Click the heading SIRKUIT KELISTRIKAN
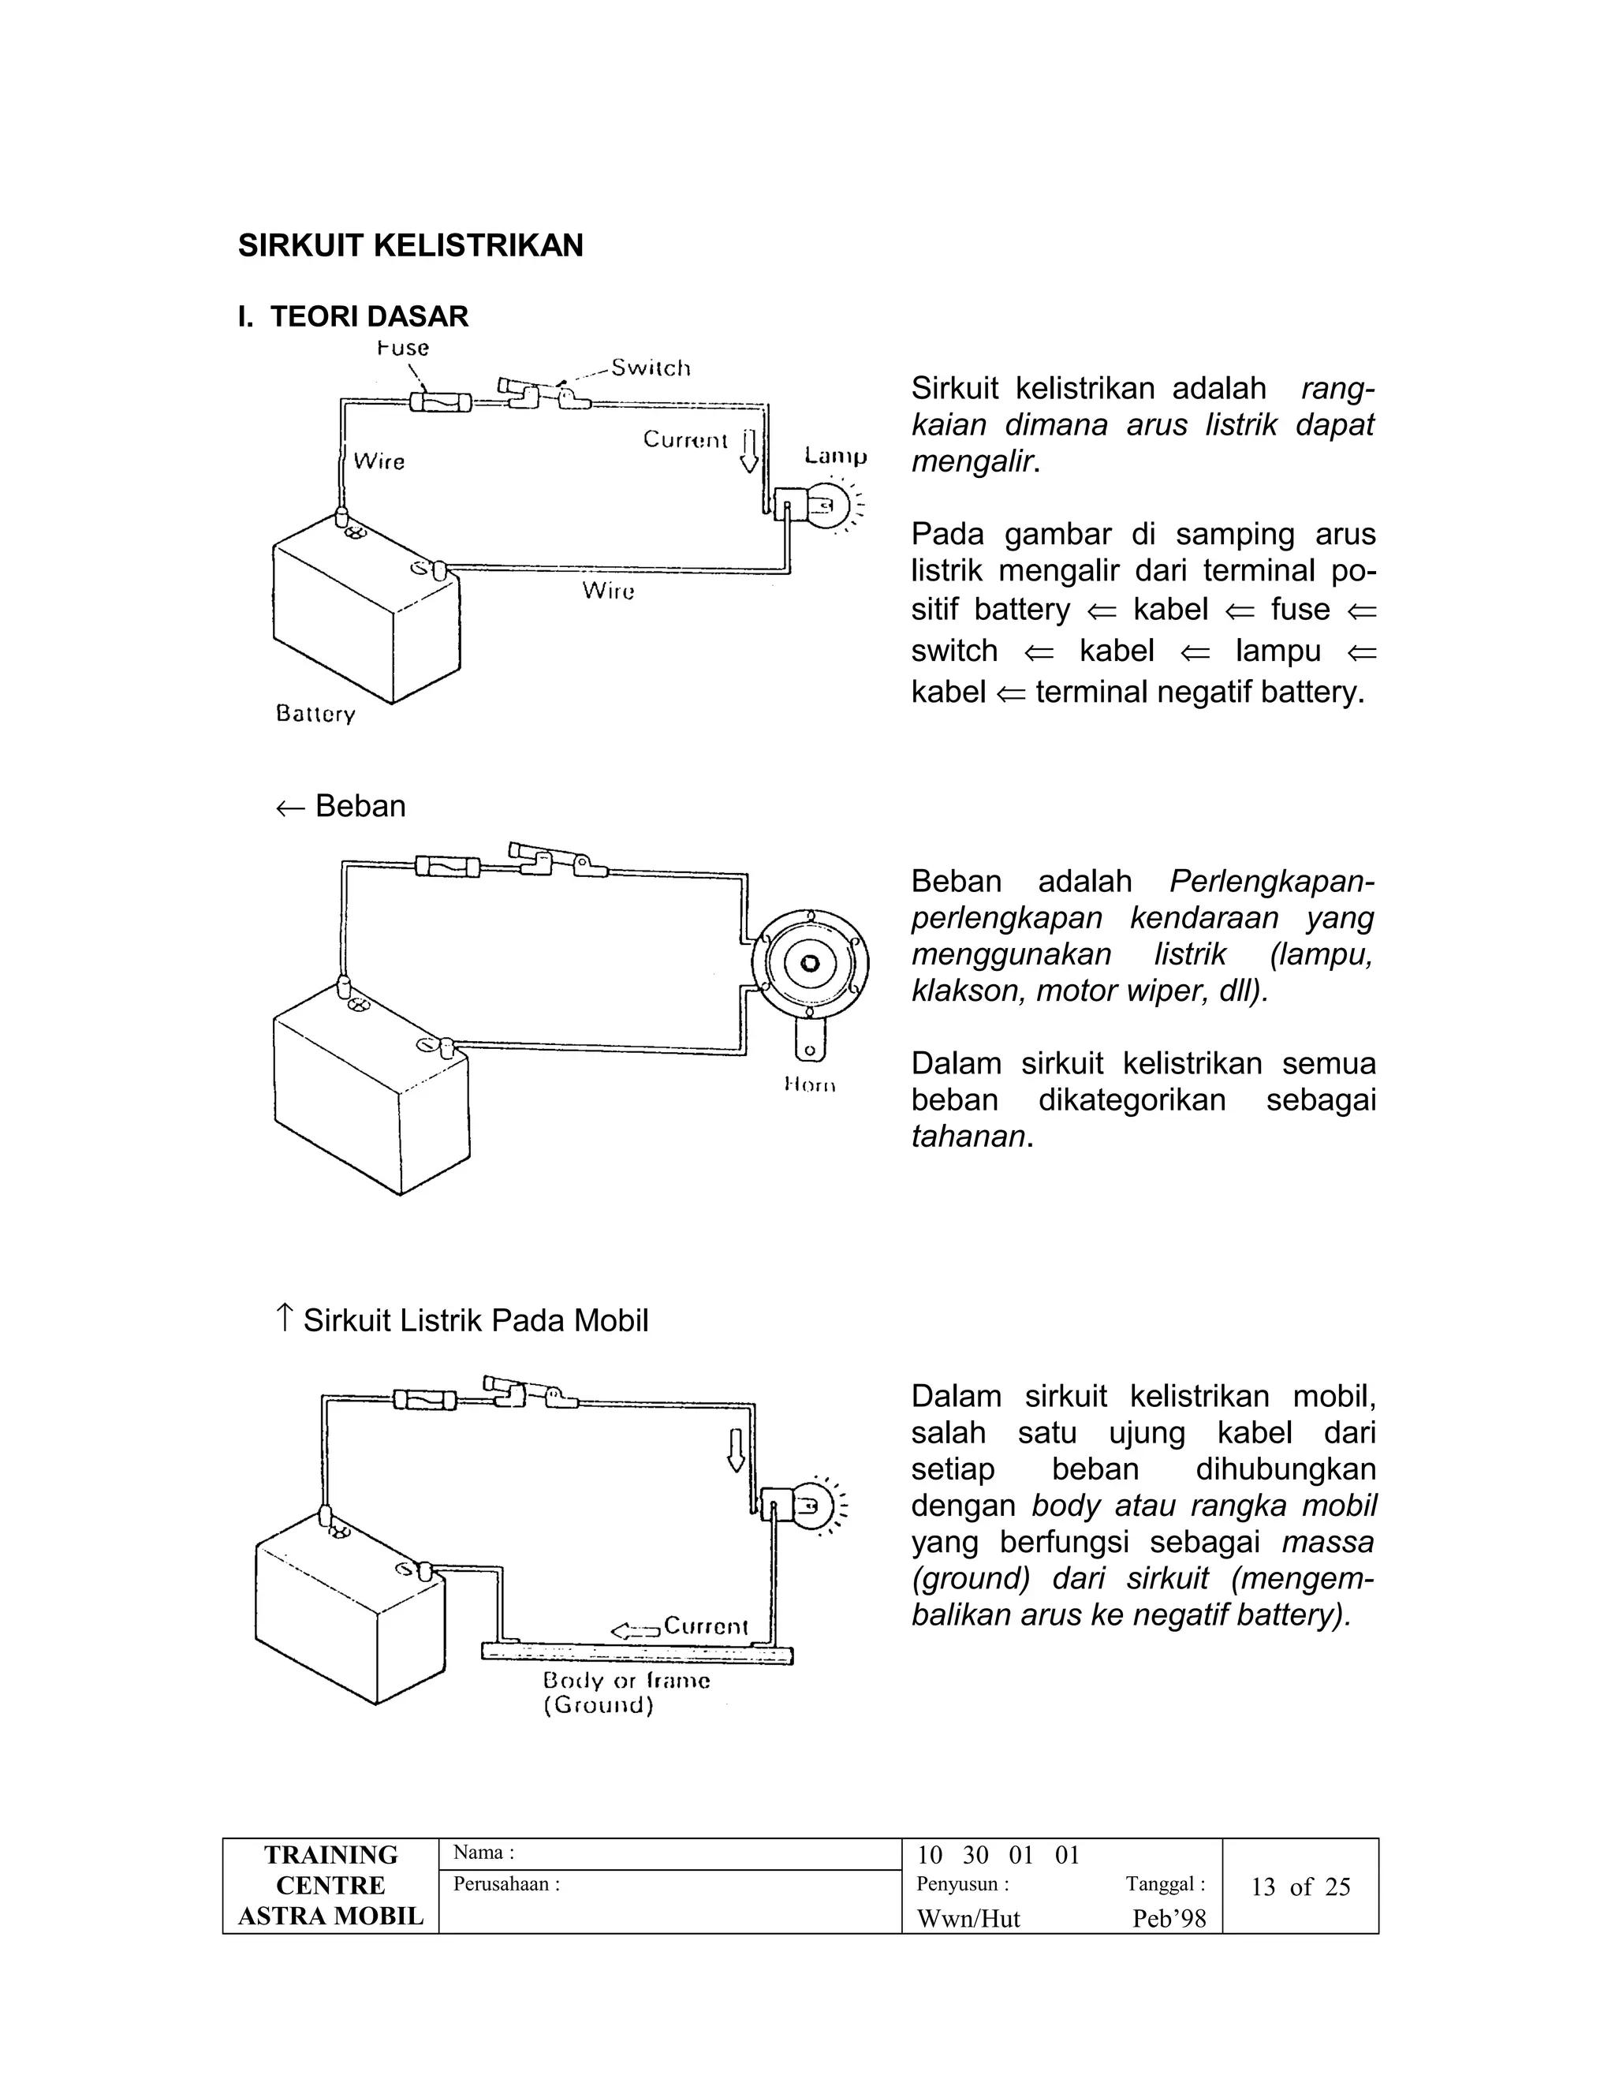click(x=410, y=246)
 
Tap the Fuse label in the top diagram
click(x=402, y=349)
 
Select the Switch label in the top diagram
click(x=651, y=368)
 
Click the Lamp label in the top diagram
click(x=835, y=457)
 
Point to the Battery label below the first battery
click(x=315, y=714)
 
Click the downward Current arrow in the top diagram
click(x=749, y=450)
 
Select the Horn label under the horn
click(x=809, y=1084)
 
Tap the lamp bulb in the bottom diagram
click(x=811, y=1507)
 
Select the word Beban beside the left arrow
click(x=360, y=806)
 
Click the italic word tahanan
click(x=968, y=1136)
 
